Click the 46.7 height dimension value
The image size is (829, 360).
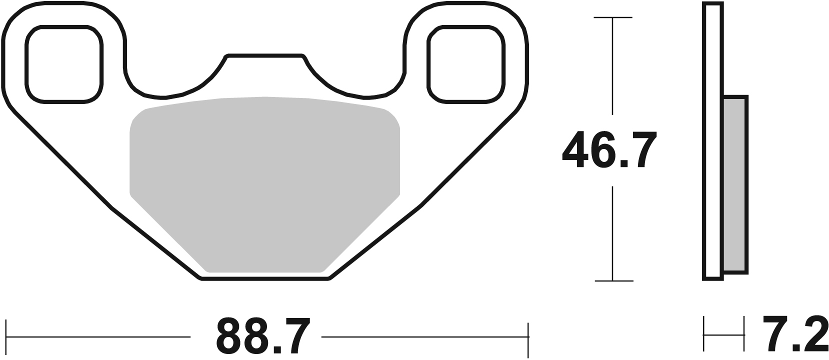(609, 150)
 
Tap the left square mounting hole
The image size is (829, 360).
(64, 64)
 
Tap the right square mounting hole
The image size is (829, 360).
(466, 64)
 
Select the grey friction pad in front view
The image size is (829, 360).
(264, 185)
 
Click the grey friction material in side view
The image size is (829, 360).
(735, 185)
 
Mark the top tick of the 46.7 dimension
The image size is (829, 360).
(612, 17)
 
